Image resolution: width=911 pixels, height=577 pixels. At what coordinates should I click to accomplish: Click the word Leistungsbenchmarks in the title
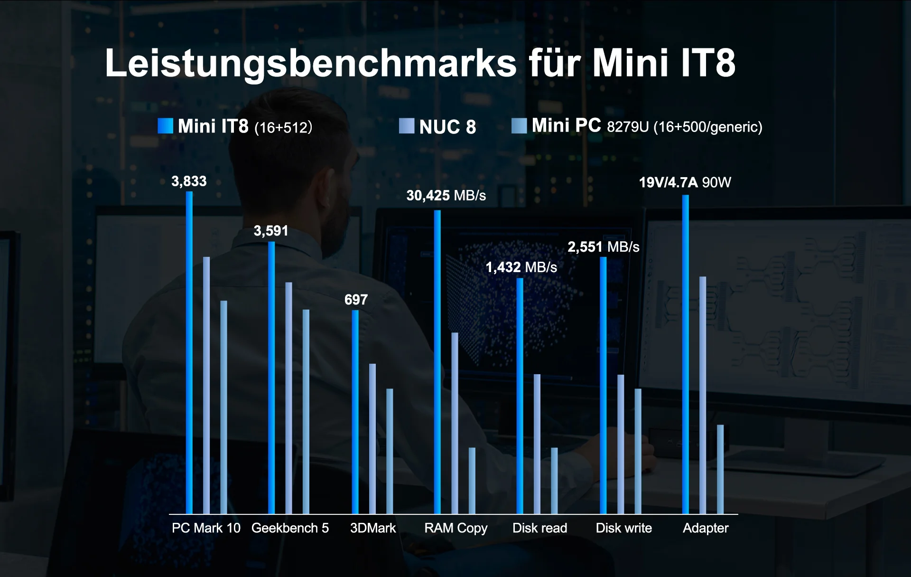tap(310, 63)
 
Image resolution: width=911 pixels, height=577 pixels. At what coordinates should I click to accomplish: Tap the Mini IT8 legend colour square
tap(165, 126)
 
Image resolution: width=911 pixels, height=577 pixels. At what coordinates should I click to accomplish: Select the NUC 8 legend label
tap(447, 127)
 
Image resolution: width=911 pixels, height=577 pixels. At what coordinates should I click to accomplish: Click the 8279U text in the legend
tap(627, 127)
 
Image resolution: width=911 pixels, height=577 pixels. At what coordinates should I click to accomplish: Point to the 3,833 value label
tap(189, 181)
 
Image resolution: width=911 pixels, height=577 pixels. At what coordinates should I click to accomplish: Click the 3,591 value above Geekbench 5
tap(271, 231)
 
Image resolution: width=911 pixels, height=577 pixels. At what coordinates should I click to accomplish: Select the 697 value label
tap(356, 300)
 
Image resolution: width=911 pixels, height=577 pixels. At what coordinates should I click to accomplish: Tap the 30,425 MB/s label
tap(446, 196)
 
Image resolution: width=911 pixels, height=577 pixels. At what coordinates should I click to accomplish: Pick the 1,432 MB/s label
tap(521, 267)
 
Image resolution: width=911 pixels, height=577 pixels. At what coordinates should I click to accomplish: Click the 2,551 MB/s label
tap(603, 247)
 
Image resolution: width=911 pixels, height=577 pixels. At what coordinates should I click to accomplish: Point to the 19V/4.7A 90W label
tap(685, 182)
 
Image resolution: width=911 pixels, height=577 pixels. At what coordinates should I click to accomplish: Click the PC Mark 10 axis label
tap(206, 528)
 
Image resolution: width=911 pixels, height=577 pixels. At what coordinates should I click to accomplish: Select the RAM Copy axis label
tap(455, 528)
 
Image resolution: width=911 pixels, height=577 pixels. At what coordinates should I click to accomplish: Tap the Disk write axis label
tap(623, 528)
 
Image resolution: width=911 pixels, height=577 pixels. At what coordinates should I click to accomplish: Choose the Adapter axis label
tap(705, 528)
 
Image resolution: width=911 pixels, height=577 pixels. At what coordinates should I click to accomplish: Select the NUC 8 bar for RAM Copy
tap(455, 423)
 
